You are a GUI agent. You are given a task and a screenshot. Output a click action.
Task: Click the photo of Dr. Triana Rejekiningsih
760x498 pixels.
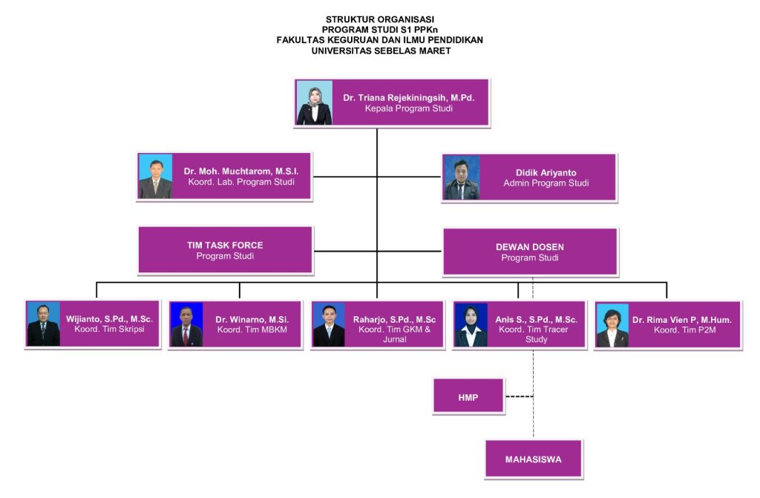tap(315, 102)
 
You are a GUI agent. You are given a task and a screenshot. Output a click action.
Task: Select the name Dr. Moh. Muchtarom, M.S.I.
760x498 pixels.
tap(237, 171)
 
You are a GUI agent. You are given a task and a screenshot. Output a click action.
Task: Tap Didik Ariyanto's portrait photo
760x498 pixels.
tap(462, 177)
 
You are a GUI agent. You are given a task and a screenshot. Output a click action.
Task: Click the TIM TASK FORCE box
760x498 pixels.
tap(225, 250)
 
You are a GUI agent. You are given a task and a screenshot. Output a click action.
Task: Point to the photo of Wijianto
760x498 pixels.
tap(43, 324)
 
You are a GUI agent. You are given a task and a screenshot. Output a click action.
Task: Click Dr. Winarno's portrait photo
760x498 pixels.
tap(186, 324)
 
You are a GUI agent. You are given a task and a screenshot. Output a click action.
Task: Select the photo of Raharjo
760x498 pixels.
tap(329, 324)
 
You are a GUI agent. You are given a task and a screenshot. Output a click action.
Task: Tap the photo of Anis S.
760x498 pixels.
tap(471, 324)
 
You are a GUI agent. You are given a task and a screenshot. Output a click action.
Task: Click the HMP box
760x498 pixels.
tap(468, 397)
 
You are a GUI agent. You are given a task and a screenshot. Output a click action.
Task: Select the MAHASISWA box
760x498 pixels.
tap(534, 459)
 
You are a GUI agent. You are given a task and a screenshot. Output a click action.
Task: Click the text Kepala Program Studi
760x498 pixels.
tap(408, 108)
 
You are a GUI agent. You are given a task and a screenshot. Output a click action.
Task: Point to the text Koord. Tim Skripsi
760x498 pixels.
tap(109, 330)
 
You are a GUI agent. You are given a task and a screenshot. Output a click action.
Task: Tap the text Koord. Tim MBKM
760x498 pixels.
tap(252, 330)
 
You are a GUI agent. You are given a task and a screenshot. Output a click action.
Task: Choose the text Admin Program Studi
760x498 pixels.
tap(546, 183)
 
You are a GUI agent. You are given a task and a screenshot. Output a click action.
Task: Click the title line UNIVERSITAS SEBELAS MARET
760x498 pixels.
tap(381, 51)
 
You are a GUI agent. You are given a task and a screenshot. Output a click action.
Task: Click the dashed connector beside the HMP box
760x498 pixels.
tap(519, 396)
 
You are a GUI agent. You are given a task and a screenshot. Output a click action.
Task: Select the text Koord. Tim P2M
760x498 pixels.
tap(682, 330)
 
